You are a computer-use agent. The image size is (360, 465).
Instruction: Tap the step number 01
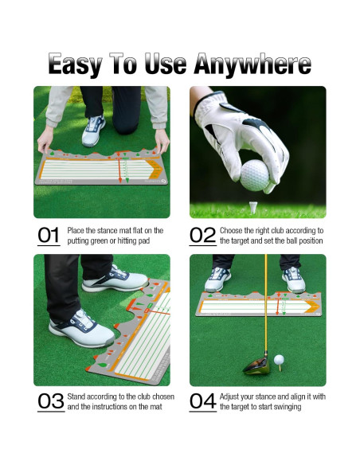(49, 235)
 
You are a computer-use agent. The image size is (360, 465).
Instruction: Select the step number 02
(204, 235)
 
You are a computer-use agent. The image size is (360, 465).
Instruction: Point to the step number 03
(51, 401)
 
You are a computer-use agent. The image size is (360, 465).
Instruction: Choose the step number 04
(204, 401)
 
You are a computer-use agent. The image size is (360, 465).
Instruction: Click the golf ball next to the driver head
(279, 361)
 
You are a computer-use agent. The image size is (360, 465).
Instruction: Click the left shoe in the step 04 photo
(217, 279)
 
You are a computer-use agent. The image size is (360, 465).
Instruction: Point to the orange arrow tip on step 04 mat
(316, 303)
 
